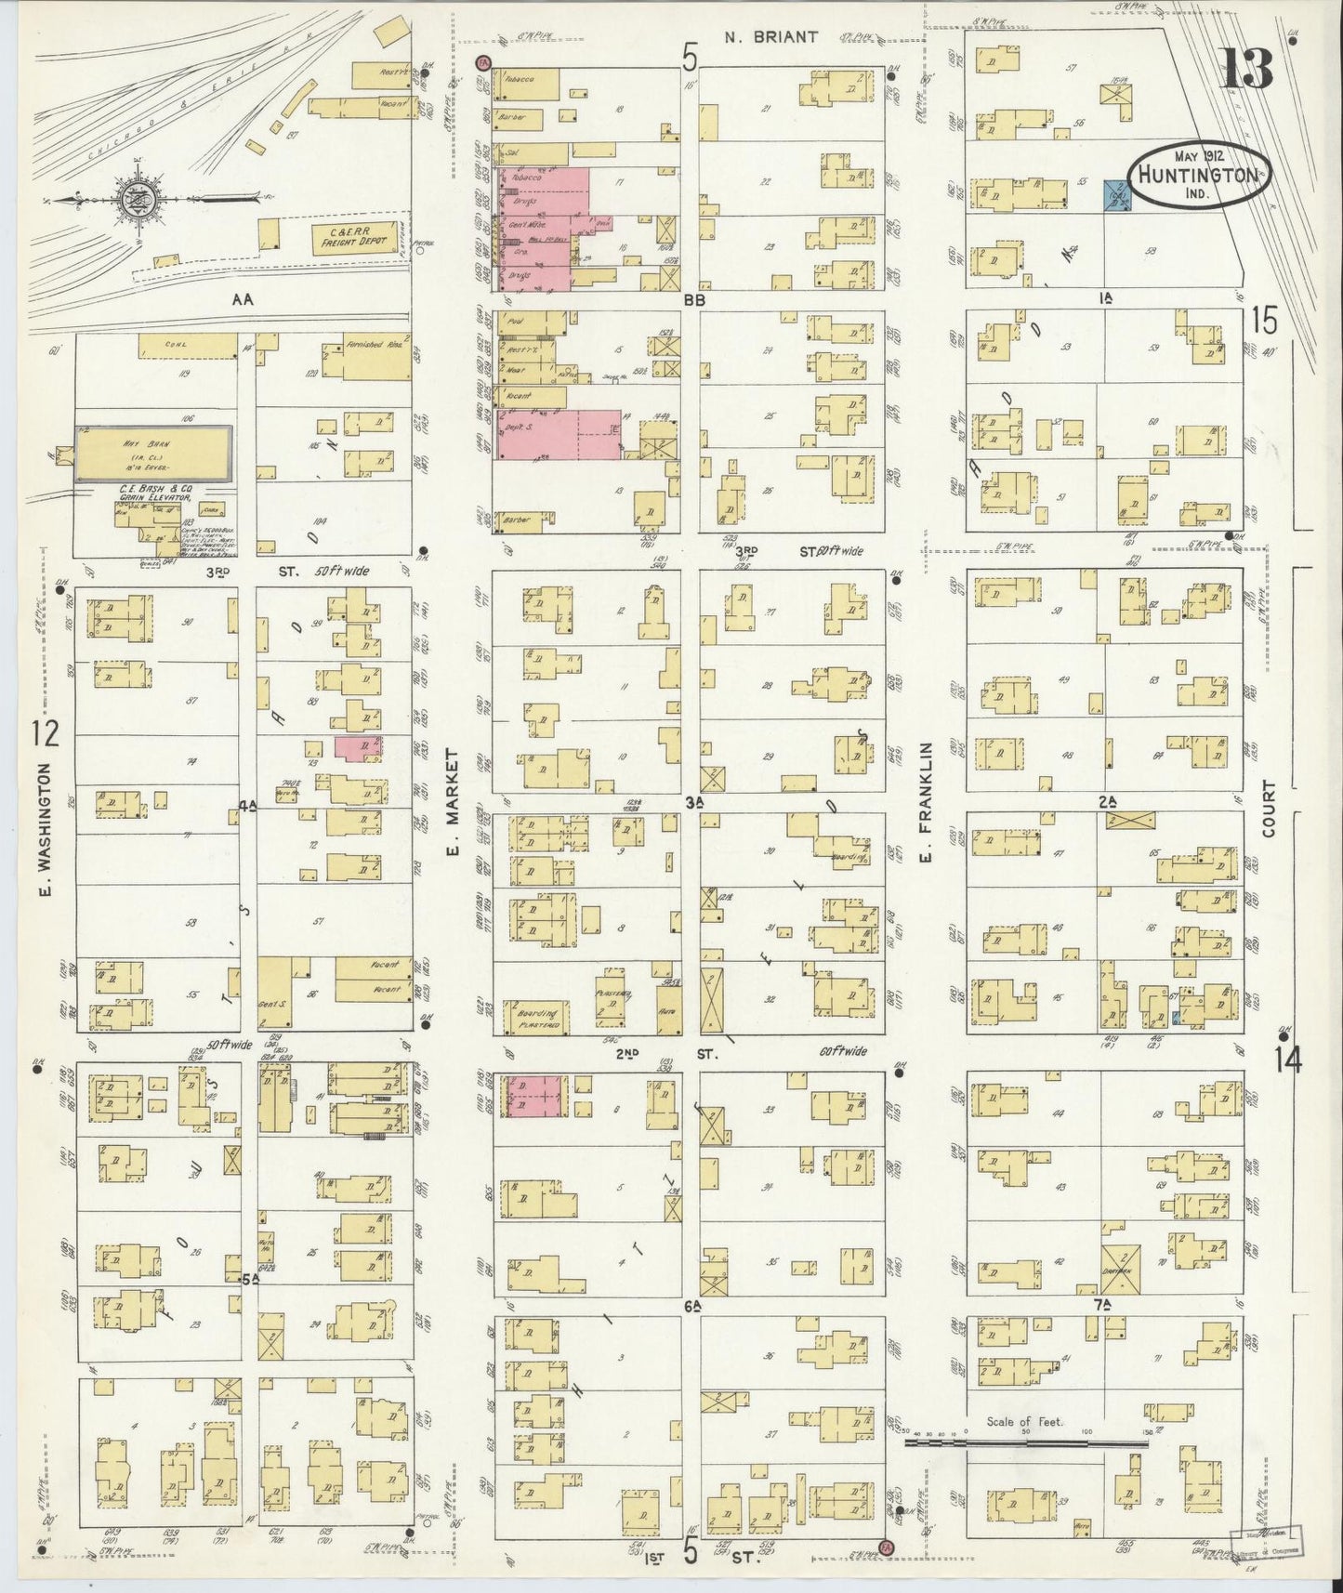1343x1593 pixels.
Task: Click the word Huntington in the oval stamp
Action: tap(1200, 174)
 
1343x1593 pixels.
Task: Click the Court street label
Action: tap(1271, 809)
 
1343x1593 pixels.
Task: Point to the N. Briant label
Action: tap(771, 37)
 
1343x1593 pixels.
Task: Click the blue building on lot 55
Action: tap(1116, 195)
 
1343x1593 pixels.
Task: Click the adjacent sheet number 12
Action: tap(45, 733)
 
